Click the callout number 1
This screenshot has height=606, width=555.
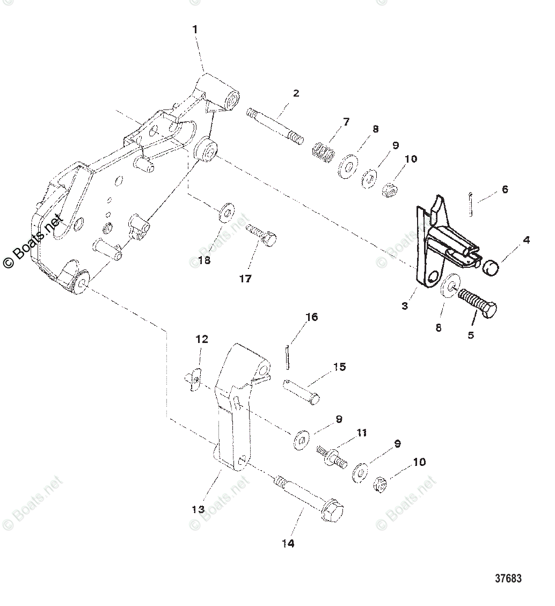coord(195,30)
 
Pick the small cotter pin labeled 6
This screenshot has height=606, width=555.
coord(470,205)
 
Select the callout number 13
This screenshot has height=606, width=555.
coord(199,509)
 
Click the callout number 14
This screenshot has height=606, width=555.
coord(288,544)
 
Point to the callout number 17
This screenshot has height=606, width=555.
coord(245,279)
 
